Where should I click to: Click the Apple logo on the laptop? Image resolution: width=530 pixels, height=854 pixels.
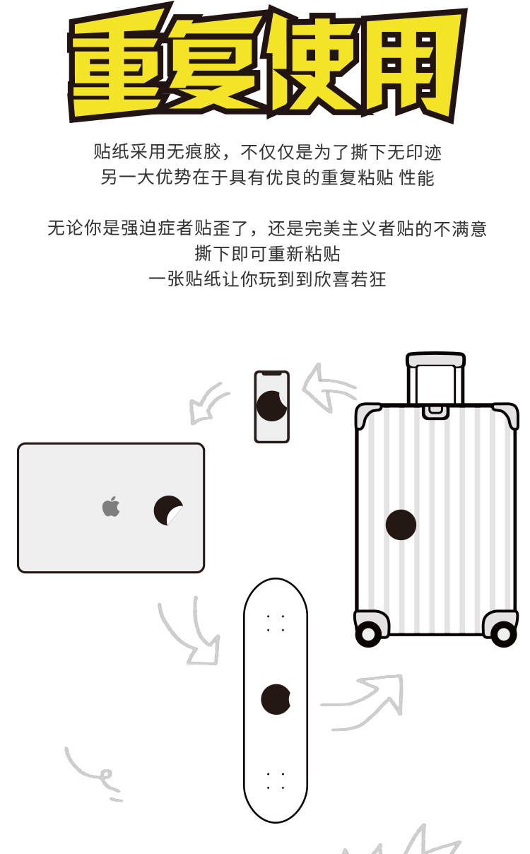click(111, 507)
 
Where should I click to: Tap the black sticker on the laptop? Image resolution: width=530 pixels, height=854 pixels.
click(167, 510)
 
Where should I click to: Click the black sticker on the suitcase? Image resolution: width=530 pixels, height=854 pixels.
click(401, 525)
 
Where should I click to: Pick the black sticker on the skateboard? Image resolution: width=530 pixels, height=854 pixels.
click(275, 699)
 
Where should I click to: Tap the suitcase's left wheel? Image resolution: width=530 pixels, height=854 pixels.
click(367, 633)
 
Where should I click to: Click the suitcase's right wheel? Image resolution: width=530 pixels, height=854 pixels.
click(503, 633)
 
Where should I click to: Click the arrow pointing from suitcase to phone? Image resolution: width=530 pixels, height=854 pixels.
click(328, 387)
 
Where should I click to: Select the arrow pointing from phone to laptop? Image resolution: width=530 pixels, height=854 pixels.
click(208, 404)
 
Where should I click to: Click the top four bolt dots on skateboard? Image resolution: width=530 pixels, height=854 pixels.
click(276, 623)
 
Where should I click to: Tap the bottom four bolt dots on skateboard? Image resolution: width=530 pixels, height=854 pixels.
click(276, 780)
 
